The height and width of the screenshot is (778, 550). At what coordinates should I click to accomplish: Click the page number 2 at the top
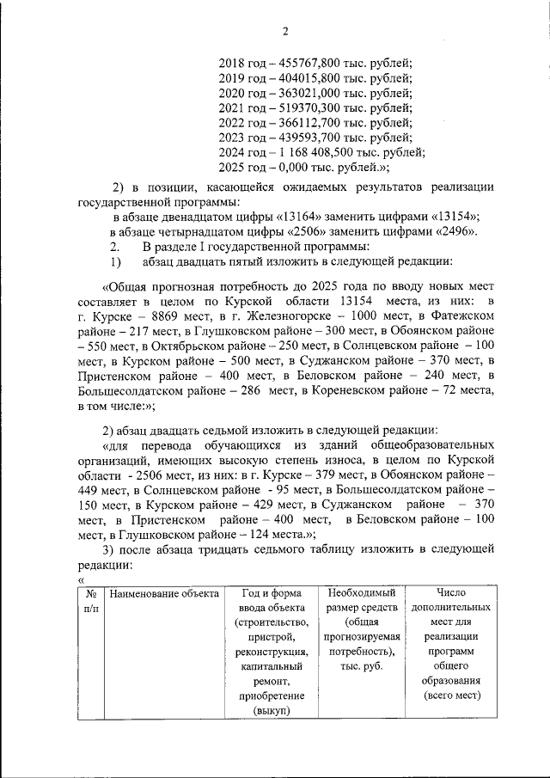pos(285,32)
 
